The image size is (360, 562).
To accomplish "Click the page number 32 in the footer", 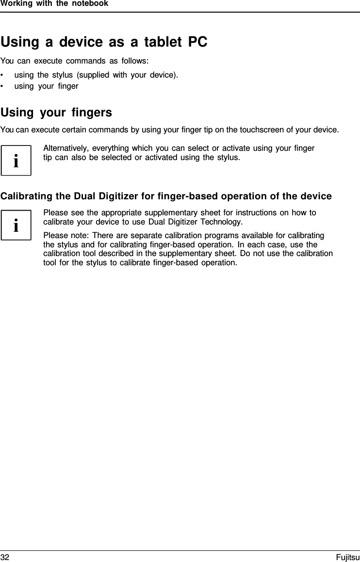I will (5, 558).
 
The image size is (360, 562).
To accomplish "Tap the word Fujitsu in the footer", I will (348, 558).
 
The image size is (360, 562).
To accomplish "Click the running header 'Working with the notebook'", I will (54, 4).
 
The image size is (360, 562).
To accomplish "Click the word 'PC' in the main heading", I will (197, 43).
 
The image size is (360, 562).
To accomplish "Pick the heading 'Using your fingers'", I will (56, 112).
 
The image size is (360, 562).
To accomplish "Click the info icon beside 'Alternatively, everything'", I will (16, 161).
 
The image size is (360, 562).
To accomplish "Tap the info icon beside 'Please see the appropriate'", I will (16, 225).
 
